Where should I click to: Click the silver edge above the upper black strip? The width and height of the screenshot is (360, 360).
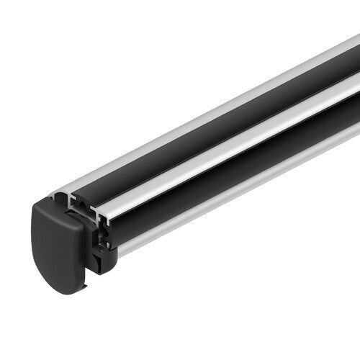point(216,101)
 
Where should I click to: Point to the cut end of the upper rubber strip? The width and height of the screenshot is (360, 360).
point(83,197)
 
